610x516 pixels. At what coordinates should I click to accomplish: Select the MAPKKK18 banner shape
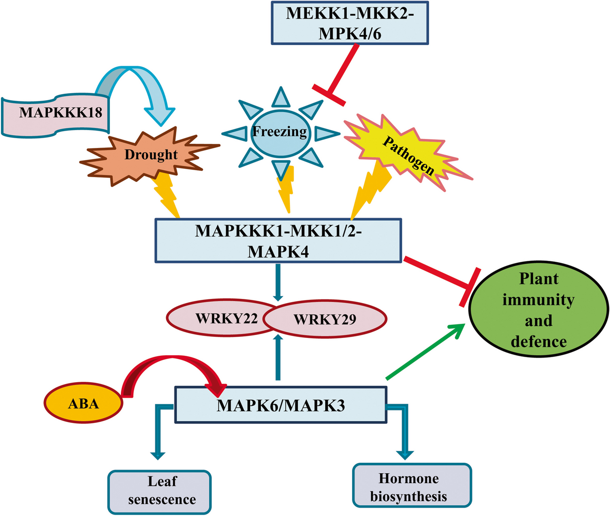pos(55,113)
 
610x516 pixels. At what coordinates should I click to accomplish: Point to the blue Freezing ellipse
pos(280,132)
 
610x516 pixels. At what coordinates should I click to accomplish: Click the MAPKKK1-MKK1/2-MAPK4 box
pos(278,241)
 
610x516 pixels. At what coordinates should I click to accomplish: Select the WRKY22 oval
pos(221,319)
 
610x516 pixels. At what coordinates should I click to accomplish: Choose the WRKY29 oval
pos(329,320)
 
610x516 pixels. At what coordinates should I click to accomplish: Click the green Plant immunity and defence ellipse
pos(538,310)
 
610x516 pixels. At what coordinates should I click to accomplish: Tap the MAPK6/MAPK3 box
pos(281,405)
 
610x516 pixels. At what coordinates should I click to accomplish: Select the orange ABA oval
pos(83,403)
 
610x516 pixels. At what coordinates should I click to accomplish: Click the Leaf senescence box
pos(160,491)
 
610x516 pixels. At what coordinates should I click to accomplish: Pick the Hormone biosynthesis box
pos(411,486)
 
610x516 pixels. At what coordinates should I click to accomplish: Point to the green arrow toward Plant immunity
pos(425,352)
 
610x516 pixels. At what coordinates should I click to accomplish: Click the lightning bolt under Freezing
pos(285,190)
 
